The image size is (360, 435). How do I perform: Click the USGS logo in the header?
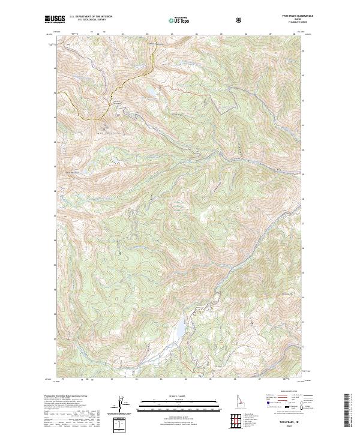click(x=55, y=20)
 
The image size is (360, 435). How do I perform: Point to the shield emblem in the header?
click(x=239, y=20)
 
